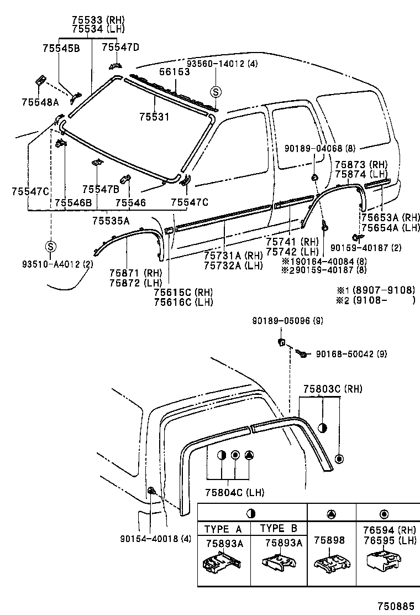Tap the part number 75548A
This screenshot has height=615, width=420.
40,102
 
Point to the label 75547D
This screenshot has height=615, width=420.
120,48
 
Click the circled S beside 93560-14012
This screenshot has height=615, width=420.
216,92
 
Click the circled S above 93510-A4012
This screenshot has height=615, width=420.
50,246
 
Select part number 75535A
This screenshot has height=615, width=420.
111,221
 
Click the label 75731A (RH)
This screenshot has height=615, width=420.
233,256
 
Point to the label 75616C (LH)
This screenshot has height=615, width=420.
183,302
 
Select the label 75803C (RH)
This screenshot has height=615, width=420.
332,389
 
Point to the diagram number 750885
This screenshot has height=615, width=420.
396,606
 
